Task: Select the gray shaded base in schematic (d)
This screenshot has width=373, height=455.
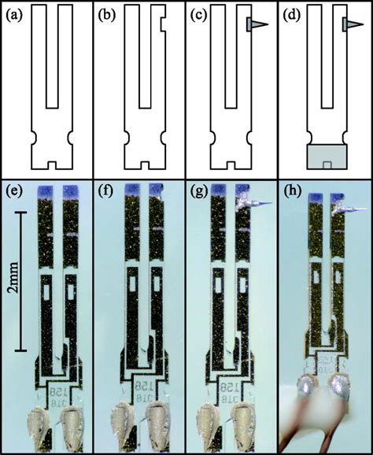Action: [x=327, y=156]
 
